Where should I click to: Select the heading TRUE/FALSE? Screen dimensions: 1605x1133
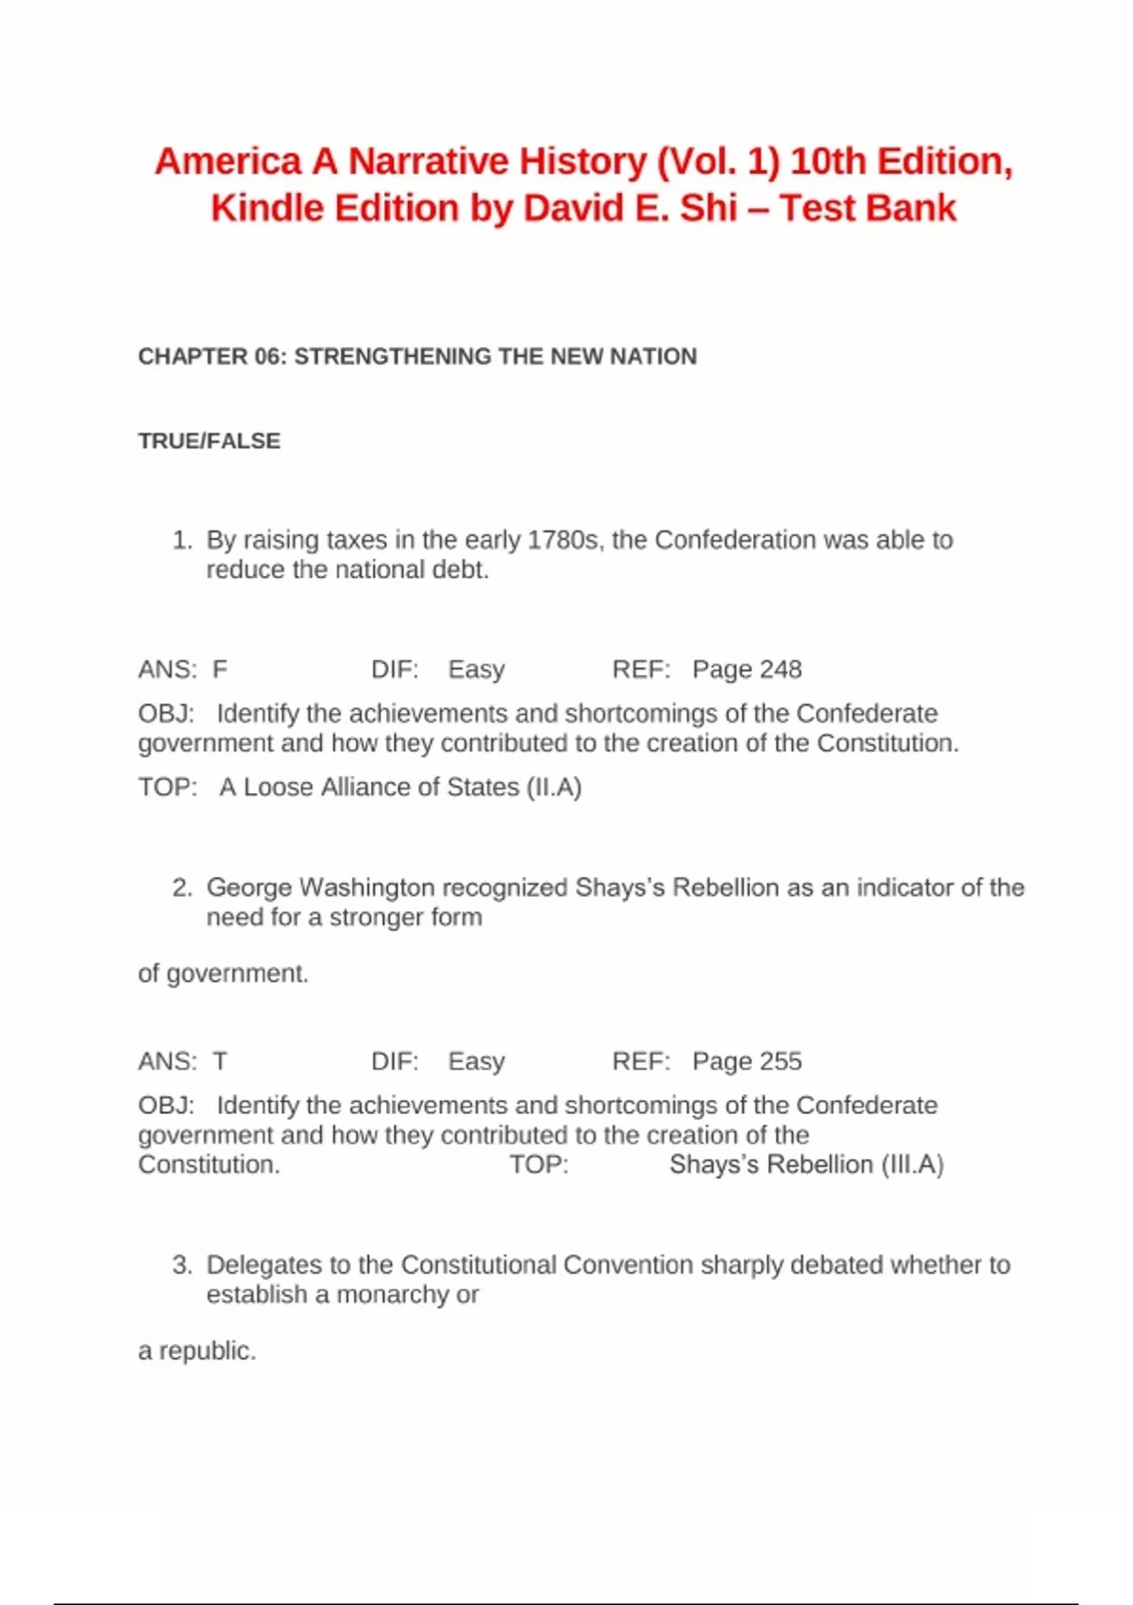pyautogui.click(x=209, y=441)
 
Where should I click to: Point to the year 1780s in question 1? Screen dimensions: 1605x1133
pyautogui.click(x=563, y=540)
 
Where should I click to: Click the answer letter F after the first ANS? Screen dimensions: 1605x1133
pyautogui.click(x=220, y=669)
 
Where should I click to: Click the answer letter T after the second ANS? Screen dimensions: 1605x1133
pyautogui.click(x=220, y=1061)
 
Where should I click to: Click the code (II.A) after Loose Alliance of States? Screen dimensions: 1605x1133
pyautogui.click(x=554, y=787)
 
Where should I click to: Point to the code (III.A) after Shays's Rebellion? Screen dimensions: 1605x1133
pyautogui.click(x=912, y=1165)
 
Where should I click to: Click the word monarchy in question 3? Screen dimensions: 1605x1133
pyautogui.click(x=394, y=1294)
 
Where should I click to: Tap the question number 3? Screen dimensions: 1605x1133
pyautogui.click(x=180, y=1265)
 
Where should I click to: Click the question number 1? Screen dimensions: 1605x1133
pyautogui.click(x=180, y=540)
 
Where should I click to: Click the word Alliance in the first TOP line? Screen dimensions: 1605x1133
pyautogui.click(x=364, y=787)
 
